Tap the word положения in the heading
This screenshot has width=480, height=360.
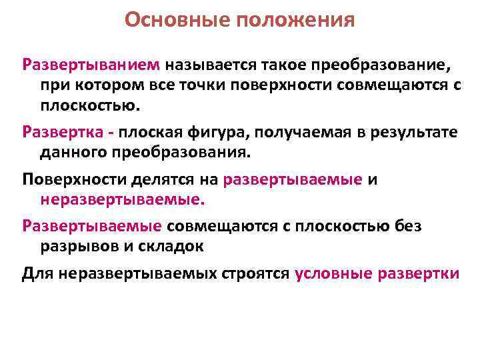(x=291, y=21)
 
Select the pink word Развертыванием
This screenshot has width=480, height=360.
(x=91, y=67)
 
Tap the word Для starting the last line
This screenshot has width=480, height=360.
(x=37, y=273)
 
